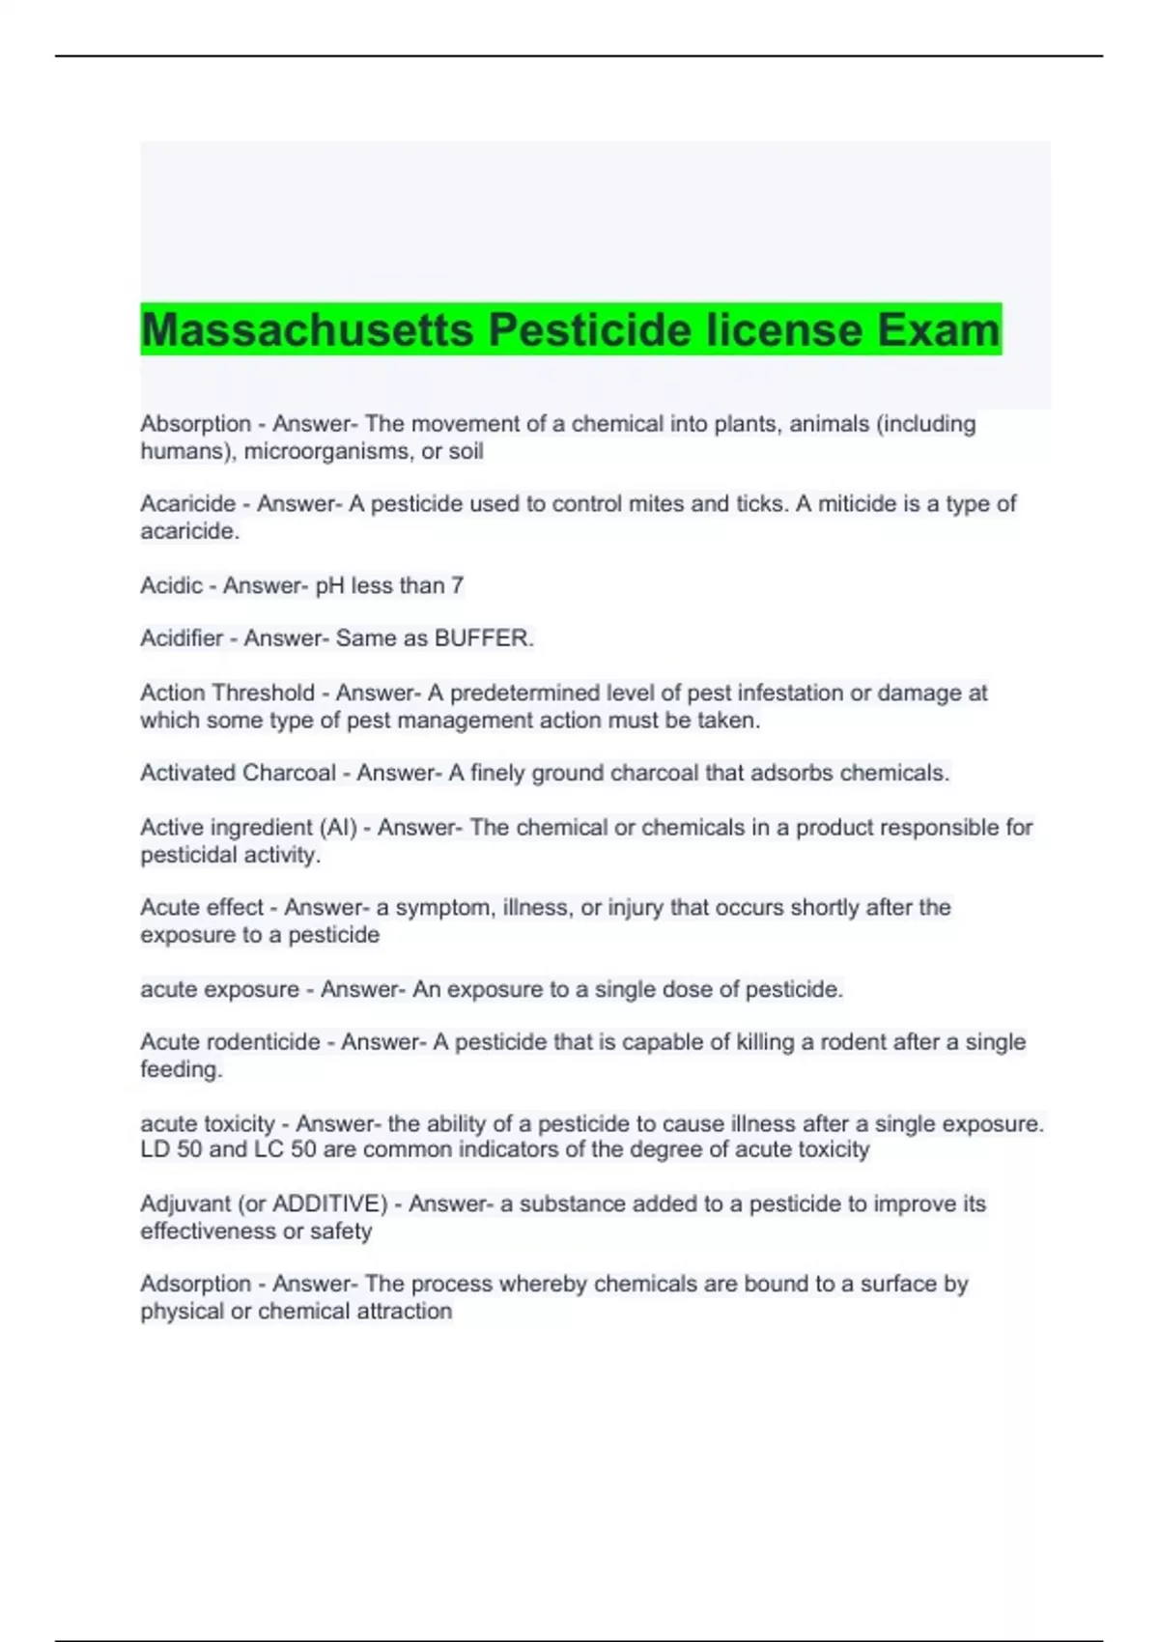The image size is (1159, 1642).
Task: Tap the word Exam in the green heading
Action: [x=938, y=330]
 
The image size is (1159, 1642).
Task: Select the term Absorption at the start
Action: [x=195, y=424]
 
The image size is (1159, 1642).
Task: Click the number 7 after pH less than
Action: [x=458, y=585]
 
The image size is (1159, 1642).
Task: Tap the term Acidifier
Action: [x=182, y=638]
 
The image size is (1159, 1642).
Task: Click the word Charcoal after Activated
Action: [x=289, y=773]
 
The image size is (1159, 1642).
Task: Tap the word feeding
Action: [x=181, y=1069]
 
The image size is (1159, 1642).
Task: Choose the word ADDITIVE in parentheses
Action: [x=329, y=1203]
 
